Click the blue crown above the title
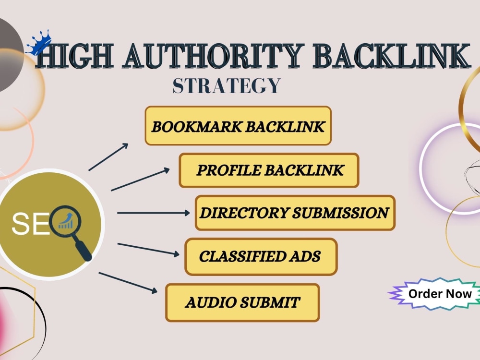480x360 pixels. pyautogui.click(x=38, y=43)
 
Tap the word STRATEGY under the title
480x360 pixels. pyautogui.click(x=227, y=86)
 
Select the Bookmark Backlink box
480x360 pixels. pyautogui.click(x=238, y=126)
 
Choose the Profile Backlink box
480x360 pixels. pyautogui.click(x=269, y=170)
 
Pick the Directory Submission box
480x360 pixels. pyautogui.click(x=295, y=213)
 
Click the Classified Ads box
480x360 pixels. pyautogui.click(x=261, y=256)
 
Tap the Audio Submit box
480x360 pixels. pyautogui.click(x=242, y=302)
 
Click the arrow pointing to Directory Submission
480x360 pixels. pyautogui.click(x=154, y=213)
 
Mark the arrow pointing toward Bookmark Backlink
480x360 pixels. pyautogui.click(x=108, y=157)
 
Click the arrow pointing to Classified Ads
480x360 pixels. pyautogui.click(x=148, y=249)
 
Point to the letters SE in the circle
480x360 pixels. pyautogui.click(x=30, y=224)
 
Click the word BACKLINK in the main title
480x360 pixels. pyautogui.click(x=392, y=56)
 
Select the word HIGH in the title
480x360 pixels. pyautogui.click(x=75, y=56)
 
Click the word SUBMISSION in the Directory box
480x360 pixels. pyautogui.click(x=340, y=213)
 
